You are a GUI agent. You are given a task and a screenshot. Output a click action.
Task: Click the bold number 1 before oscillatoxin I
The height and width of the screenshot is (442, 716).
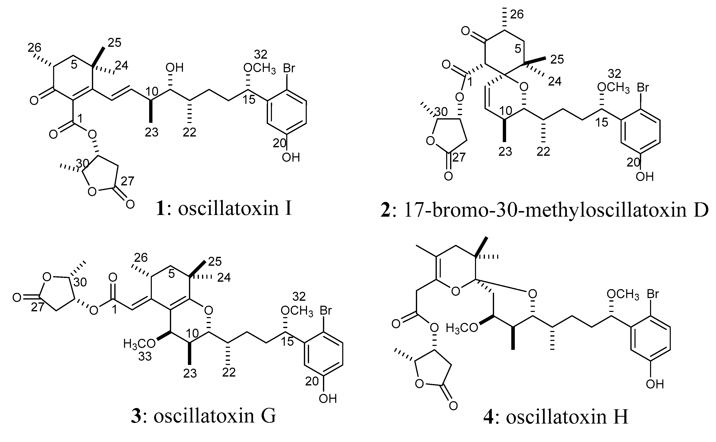(x=160, y=209)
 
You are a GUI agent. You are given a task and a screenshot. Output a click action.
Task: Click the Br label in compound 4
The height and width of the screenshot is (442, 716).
(x=653, y=294)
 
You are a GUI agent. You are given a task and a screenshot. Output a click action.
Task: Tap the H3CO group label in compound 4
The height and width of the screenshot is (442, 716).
(x=462, y=328)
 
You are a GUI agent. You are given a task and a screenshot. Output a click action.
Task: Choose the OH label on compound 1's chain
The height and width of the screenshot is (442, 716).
(x=174, y=68)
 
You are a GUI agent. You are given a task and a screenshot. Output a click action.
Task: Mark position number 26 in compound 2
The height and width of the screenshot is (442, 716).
(x=517, y=14)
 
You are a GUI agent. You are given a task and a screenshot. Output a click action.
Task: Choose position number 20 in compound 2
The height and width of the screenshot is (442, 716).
(x=633, y=162)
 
